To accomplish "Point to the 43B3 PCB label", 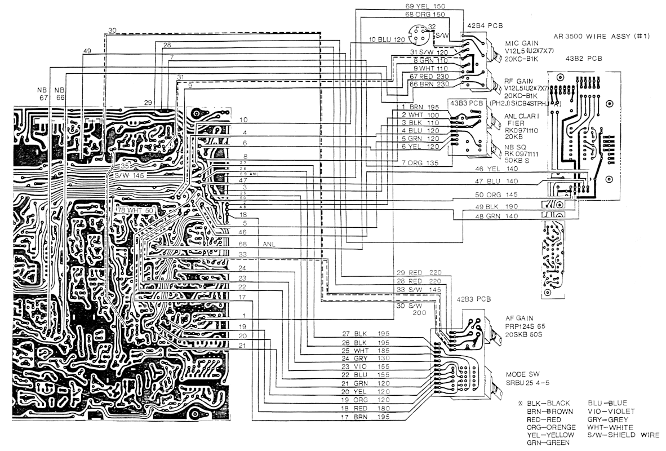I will [464, 103].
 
